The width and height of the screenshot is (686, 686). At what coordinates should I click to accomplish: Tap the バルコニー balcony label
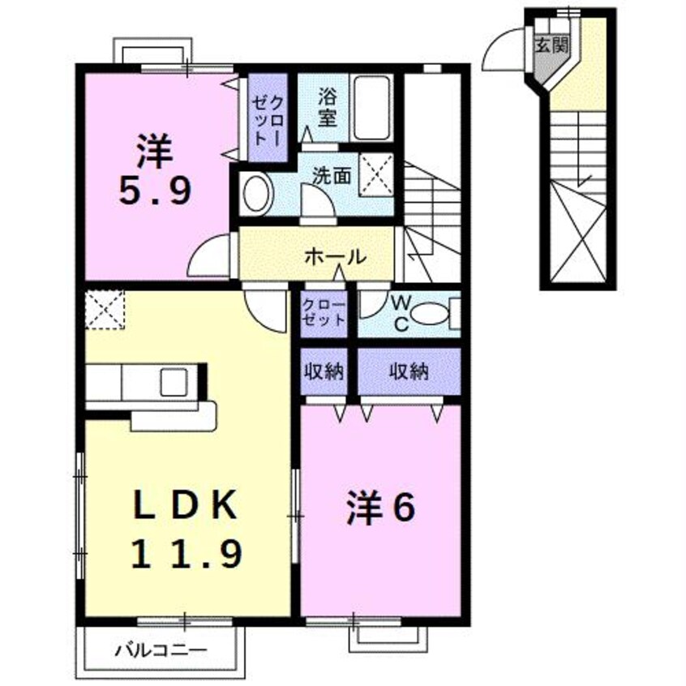pos(161,649)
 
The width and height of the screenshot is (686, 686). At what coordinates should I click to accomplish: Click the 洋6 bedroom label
pos(382,508)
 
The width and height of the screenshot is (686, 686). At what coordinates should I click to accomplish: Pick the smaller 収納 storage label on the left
pos(324,372)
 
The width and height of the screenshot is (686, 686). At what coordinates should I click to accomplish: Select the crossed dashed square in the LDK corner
pos(105,309)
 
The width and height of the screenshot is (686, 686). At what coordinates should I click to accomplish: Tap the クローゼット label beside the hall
pos(324,312)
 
